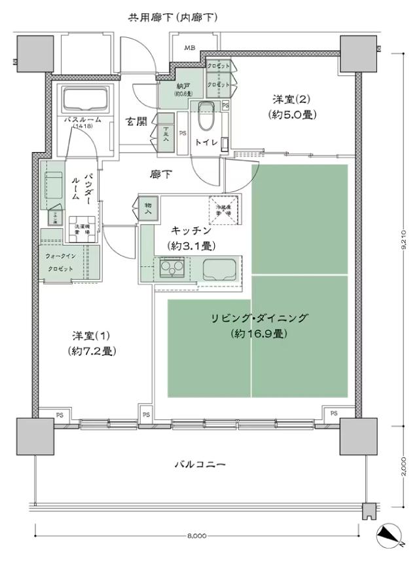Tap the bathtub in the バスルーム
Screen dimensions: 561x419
click(85, 100)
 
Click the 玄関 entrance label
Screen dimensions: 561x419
click(136, 121)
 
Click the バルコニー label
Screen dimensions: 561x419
click(200, 465)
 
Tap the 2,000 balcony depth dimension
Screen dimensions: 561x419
click(404, 468)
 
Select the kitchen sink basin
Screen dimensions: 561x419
click(217, 268)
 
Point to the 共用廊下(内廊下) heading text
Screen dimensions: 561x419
click(172, 17)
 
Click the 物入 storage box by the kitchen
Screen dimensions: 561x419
click(148, 208)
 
